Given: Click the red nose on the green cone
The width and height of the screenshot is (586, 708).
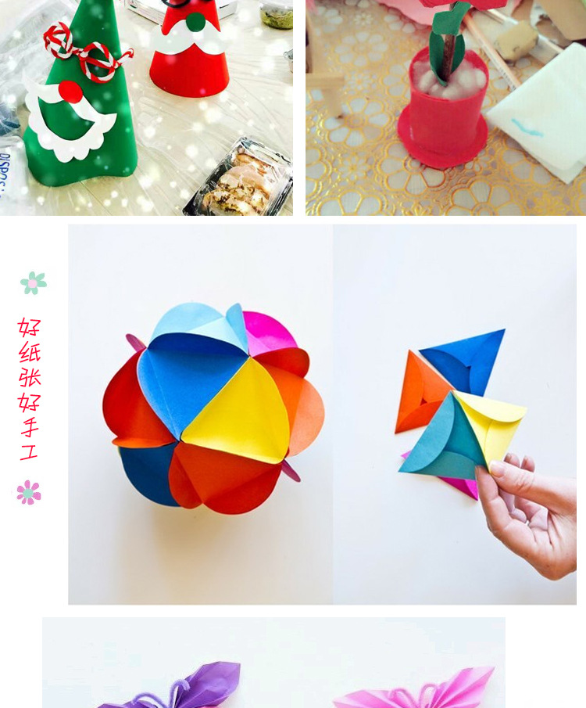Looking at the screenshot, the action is (70, 92).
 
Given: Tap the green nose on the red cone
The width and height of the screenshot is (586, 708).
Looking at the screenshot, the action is (196, 22).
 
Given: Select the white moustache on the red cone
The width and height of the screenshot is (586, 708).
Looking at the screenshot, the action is (188, 37).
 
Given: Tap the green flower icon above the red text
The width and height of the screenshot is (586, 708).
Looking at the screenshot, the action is (34, 283).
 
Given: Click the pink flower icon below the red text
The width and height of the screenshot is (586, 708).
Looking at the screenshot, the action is (29, 492).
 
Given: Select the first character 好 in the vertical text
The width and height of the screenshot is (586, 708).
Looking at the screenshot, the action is (30, 327).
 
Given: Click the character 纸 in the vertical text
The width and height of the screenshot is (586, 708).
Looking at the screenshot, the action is (30, 352).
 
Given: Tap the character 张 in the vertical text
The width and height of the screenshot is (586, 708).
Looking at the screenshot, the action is (30, 377).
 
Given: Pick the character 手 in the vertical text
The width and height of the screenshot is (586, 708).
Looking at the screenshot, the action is (30, 426).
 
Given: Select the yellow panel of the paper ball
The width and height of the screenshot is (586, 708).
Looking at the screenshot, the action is (239, 413).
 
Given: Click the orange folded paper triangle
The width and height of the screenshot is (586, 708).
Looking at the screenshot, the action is (420, 392).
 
